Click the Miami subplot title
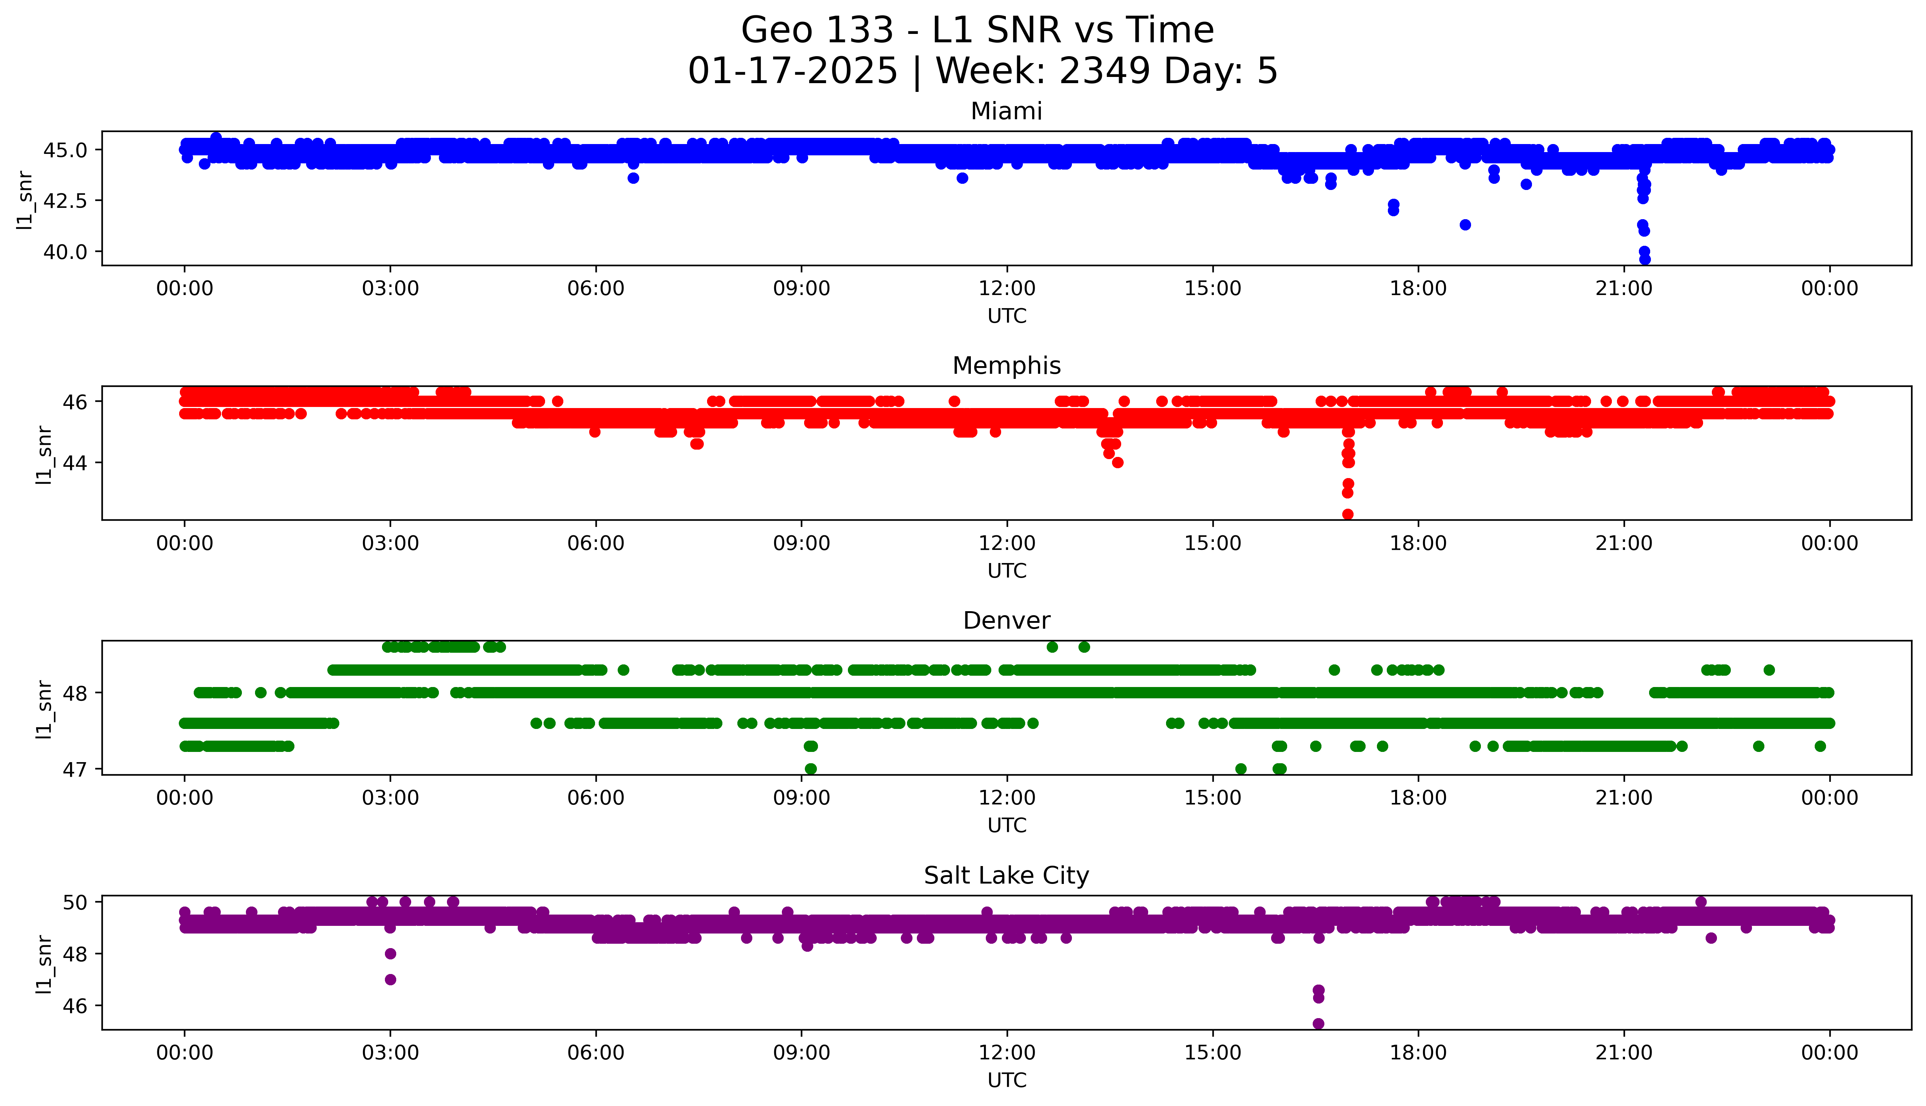click(1006, 112)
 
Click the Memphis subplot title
click(1006, 366)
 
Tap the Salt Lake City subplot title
click(1006, 876)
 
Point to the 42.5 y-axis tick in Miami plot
click(65, 201)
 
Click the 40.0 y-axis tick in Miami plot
click(65, 252)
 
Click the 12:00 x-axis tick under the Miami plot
click(1007, 289)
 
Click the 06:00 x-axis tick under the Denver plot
click(596, 798)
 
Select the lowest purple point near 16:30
click(1318, 1024)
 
